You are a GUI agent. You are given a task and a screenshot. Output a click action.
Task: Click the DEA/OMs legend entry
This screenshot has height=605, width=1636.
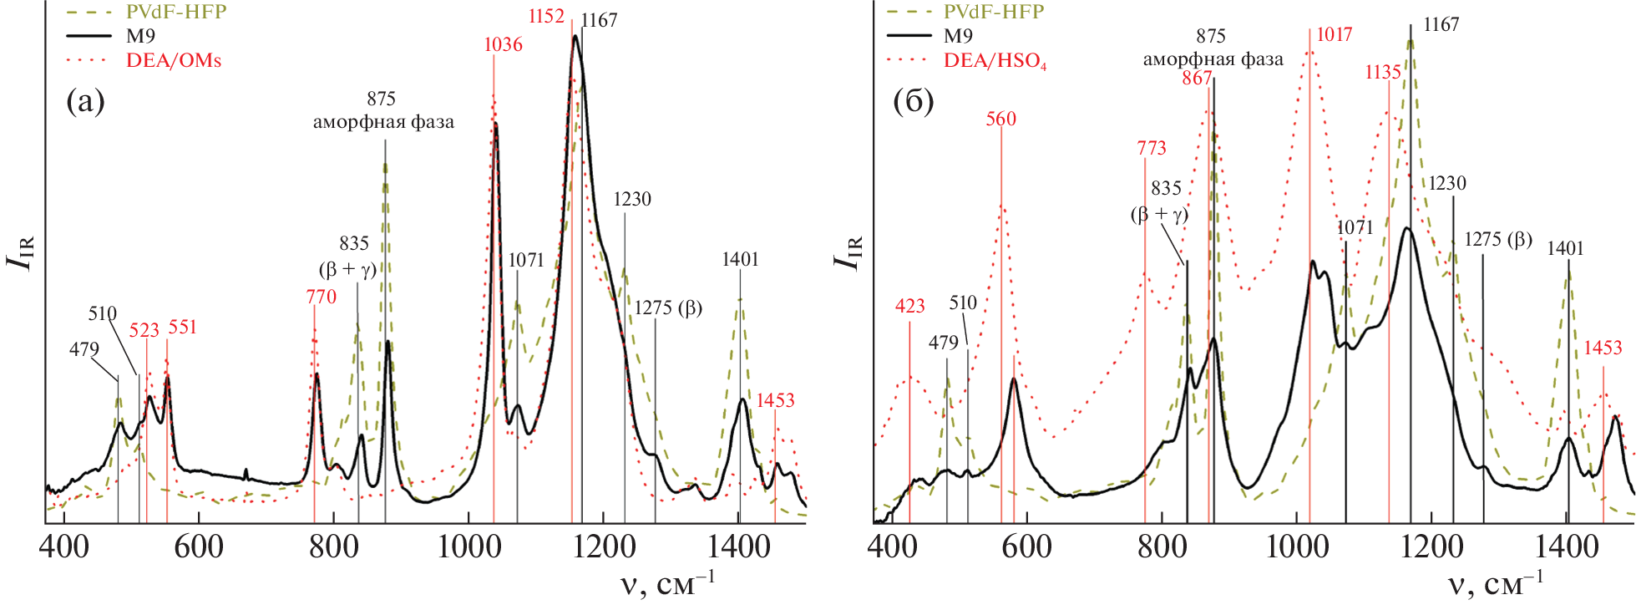coord(173,60)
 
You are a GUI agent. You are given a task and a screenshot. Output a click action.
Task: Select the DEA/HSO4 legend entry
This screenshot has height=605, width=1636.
coord(995,60)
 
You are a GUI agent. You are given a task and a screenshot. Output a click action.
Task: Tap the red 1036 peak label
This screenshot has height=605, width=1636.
coord(503,44)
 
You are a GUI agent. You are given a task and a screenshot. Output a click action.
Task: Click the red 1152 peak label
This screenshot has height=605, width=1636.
coord(546,17)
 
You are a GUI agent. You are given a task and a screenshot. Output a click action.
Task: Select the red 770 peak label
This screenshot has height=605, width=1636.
coord(321,297)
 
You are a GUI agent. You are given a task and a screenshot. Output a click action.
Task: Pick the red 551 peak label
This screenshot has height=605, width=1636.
coord(182,327)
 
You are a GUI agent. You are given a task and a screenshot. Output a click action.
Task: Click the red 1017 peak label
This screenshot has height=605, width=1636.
coord(1334,34)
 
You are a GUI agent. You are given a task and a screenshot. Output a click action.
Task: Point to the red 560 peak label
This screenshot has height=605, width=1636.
coord(1000,119)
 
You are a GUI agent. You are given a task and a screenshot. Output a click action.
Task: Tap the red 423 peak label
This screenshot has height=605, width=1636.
coord(909,306)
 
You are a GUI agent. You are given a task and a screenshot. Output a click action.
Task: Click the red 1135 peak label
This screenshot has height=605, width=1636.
coord(1382,72)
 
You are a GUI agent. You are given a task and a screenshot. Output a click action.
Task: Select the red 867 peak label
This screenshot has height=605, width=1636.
coord(1196,78)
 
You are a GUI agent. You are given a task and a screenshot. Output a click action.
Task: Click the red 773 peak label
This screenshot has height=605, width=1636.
coord(1151,148)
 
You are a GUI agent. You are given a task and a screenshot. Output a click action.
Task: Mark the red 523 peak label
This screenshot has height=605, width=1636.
coord(144,330)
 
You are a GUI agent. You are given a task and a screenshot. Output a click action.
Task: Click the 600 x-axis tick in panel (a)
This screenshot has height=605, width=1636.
coord(198,547)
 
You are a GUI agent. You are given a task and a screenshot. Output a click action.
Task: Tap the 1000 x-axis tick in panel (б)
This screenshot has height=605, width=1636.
coord(1297,547)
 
